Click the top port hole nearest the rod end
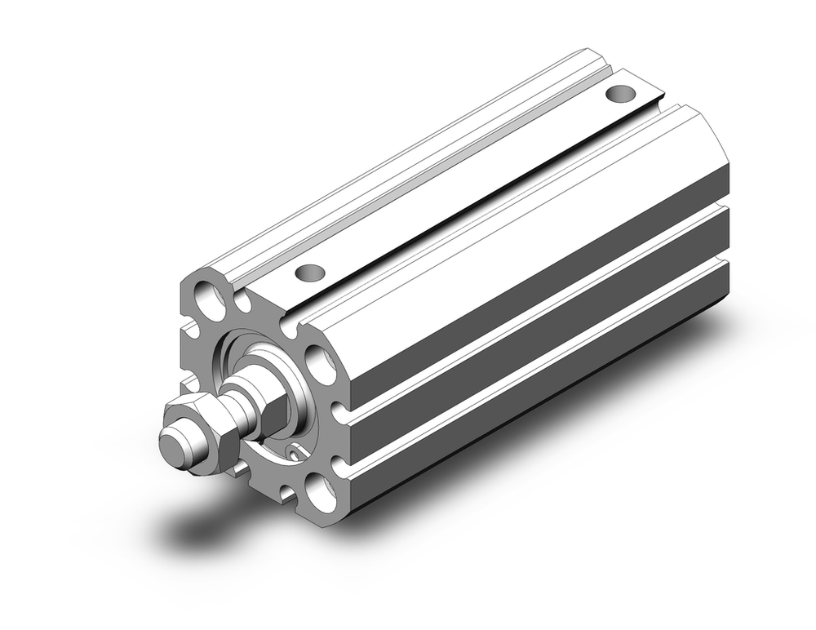[309, 272]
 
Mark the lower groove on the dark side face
[530, 392]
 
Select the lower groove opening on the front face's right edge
[343, 465]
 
